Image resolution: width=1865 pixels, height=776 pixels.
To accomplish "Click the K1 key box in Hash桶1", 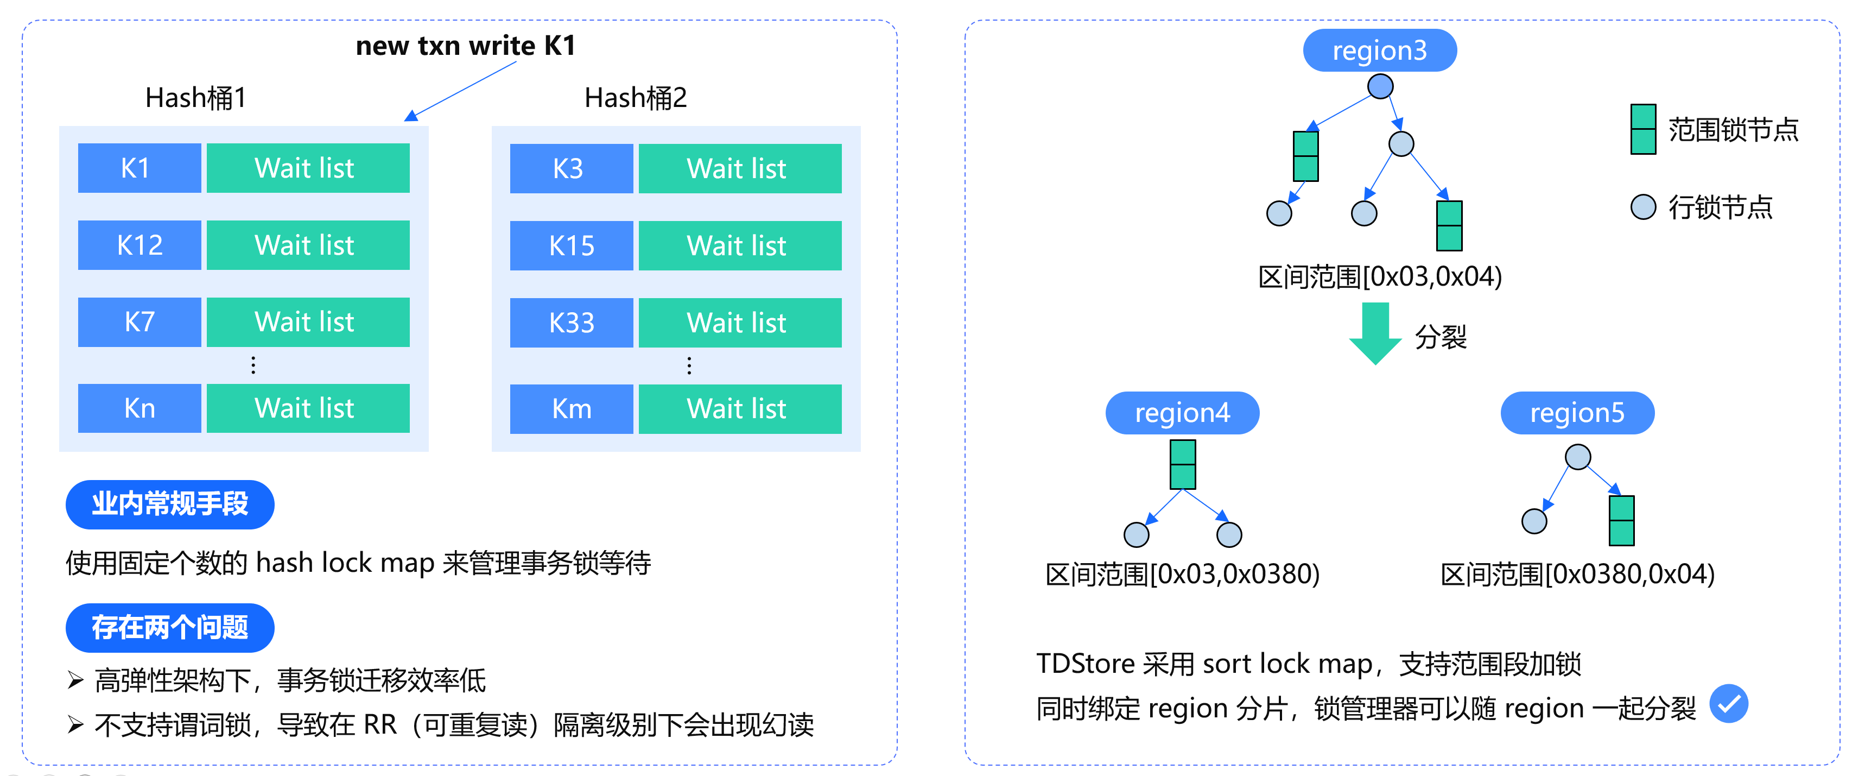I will pyautogui.click(x=139, y=168).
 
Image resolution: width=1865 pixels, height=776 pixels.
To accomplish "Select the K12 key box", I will pyautogui.click(x=139, y=245).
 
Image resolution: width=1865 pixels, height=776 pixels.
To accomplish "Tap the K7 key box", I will pyautogui.click(x=139, y=321).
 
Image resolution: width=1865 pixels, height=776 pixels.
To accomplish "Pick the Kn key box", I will pyautogui.click(x=139, y=408).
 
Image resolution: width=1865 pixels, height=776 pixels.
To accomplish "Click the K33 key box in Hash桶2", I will pyautogui.click(x=571, y=323).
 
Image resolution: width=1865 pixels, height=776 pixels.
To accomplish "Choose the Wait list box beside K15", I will pyautogui.click(x=739, y=245).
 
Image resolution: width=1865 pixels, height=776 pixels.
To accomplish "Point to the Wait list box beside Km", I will pyautogui.click(x=739, y=409).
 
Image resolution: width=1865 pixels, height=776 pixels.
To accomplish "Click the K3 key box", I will pyautogui.click(x=571, y=169).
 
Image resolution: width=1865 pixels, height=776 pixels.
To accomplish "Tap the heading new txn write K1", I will pyautogui.click(x=466, y=46).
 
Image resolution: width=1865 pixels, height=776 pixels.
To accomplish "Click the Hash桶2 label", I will pyautogui.click(x=635, y=98).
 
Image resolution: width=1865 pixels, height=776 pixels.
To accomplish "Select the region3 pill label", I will pyautogui.click(x=1379, y=51).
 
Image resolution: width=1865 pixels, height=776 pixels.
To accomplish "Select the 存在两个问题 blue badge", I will pyautogui.click(x=170, y=627).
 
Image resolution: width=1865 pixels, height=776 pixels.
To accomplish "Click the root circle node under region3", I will pyautogui.click(x=1380, y=86).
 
